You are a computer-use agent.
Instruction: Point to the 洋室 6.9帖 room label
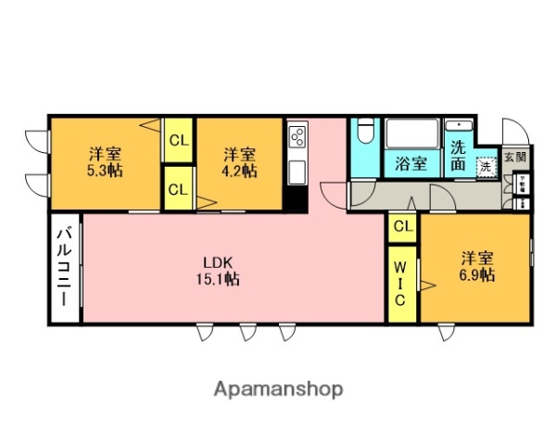pyautogui.click(x=476, y=266)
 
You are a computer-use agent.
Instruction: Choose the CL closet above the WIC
pyautogui.click(x=401, y=225)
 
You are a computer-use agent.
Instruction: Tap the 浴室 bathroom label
pyautogui.click(x=411, y=164)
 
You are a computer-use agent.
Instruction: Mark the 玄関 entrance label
pyautogui.click(x=515, y=158)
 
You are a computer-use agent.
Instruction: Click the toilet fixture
pyautogui.click(x=365, y=133)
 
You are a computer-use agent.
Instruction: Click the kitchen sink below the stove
pyautogui.click(x=297, y=172)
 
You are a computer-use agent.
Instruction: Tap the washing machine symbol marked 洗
pyautogui.click(x=486, y=168)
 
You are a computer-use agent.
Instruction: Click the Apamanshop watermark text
pyautogui.click(x=278, y=388)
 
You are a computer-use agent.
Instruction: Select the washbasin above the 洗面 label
pyautogui.click(x=459, y=126)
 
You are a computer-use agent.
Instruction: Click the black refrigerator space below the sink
pyautogui.click(x=297, y=198)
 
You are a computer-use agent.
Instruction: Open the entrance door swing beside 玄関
pyautogui.click(x=512, y=132)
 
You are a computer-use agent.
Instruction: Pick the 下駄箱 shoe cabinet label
pyautogui.click(x=523, y=184)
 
